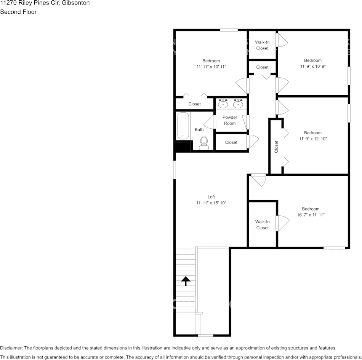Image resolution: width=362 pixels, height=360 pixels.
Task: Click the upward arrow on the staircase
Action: tap(186, 281)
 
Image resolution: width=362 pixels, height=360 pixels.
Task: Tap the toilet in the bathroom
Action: tap(204, 143)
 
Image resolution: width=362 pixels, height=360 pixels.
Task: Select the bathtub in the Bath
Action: tap(183, 126)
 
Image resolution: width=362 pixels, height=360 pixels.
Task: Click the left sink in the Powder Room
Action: tap(223, 104)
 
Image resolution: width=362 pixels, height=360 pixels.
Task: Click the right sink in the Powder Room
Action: tap(239, 104)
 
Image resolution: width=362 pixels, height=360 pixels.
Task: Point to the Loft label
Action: tap(211, 197)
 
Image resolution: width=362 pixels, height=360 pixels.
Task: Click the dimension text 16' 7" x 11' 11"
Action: tap(311, 215)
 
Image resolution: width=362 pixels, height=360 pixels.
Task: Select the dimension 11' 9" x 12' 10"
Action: tap(313, 139)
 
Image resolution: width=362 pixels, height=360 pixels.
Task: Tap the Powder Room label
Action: tap(230, 120)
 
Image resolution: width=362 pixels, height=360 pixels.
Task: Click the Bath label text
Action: tap(199, 130)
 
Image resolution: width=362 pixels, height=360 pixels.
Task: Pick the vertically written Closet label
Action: tap(277, 147)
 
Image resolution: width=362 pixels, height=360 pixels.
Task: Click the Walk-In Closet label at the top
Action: tap(263, 45)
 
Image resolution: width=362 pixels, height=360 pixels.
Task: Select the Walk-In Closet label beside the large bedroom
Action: tap(263, 225)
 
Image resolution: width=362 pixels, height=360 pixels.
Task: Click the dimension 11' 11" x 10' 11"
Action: tap(211, 67)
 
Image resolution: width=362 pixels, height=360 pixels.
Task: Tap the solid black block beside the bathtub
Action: tap(182, 146)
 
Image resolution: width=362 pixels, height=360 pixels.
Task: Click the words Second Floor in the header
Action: tap(18, 12)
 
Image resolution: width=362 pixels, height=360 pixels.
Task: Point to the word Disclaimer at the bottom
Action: tap(11, 348)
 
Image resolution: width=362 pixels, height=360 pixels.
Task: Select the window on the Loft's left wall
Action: tap(175, 169)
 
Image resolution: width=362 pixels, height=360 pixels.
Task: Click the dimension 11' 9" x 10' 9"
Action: tap(313, 66)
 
